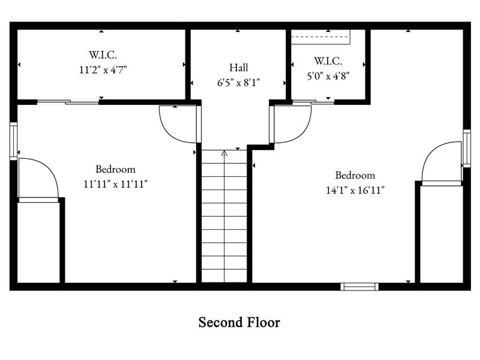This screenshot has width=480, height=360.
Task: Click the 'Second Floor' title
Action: [239, 322]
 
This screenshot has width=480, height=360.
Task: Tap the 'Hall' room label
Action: [238, 68]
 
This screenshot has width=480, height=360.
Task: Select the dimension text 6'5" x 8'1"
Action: [238, 82]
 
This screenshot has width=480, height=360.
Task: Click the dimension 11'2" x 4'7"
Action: [103, 70]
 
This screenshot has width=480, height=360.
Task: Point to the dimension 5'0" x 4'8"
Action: [328, 75]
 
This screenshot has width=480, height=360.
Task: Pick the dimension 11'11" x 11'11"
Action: [116, 184]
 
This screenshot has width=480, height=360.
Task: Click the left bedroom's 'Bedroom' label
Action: [115, 169]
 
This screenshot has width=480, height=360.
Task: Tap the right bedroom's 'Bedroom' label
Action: [355, 175]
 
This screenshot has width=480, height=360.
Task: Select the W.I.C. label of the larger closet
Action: [103, 55]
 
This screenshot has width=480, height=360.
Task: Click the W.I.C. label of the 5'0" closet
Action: [328, 61]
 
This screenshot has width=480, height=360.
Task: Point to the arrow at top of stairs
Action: [224, 154]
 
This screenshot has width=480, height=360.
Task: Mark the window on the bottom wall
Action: [359, 286]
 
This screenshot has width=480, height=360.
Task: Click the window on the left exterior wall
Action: [14, 141]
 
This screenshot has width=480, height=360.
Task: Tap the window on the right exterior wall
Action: [466, 148]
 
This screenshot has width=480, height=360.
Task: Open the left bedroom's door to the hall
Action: [179, 124]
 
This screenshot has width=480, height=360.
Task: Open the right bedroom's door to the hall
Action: [292, 124]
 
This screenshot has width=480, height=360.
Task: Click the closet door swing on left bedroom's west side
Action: [37, 178]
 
